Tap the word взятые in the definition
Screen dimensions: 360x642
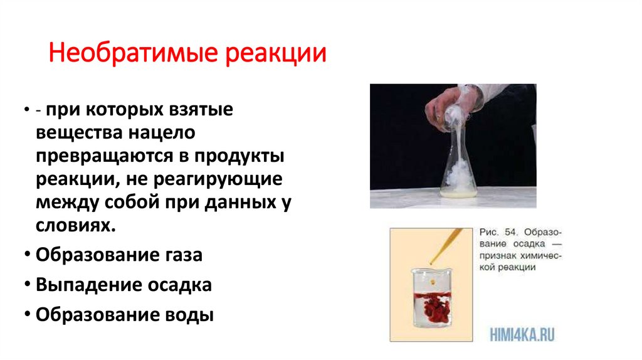click(x=200, y=110)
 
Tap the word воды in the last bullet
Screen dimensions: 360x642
click(x=192, y=314)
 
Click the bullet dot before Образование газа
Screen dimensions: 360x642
click(x=29, y=256)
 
